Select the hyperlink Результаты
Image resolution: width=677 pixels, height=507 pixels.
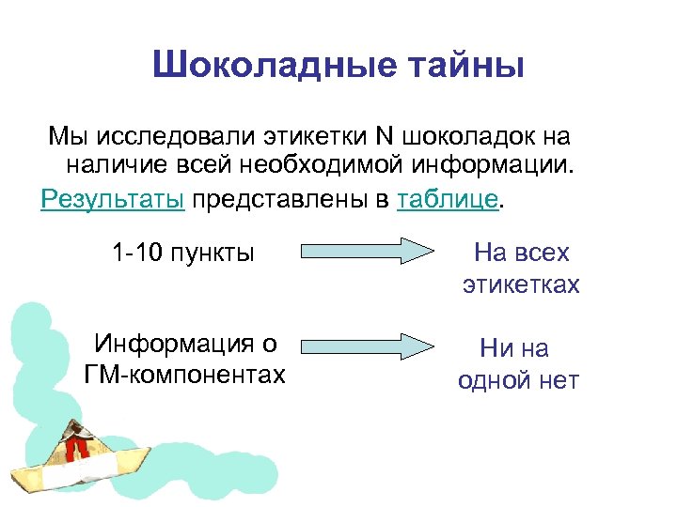[113, 200]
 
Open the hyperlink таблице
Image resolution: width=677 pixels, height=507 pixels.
[449, 200]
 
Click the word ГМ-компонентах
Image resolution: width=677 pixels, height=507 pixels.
[184, 375]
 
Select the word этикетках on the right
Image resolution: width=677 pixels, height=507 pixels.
[521, 284]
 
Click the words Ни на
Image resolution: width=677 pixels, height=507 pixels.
[514, 348]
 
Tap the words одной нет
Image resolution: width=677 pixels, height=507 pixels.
[518, 380]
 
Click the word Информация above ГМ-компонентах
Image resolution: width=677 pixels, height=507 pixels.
[184, 344]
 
